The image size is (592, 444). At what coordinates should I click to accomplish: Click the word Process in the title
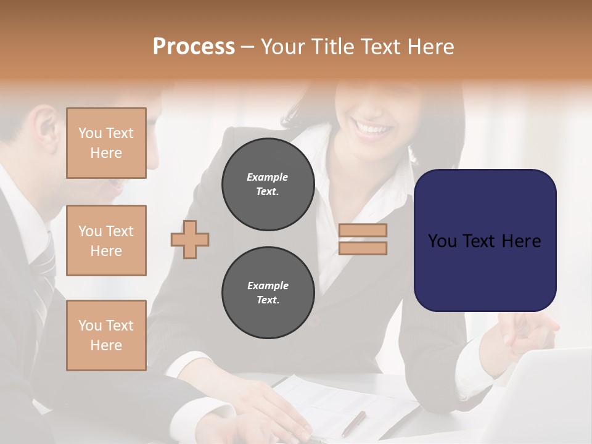tap(194, 47)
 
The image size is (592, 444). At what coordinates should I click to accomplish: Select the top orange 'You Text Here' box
tap(106, 143)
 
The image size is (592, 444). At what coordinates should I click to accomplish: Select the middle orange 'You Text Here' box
tap(106, 240)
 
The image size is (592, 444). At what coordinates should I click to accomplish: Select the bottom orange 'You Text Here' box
tap(106, 335)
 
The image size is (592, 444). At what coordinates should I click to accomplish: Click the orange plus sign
tap(190, 239)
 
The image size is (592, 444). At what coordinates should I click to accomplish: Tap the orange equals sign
tap(363, 239)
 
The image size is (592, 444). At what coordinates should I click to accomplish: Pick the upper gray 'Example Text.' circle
tap(268, 184)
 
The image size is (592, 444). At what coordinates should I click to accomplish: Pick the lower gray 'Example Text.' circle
tap(268, 293)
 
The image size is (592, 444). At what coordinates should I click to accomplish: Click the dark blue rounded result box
tap(485, 240)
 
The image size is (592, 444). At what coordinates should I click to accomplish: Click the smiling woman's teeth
tap(374, 130)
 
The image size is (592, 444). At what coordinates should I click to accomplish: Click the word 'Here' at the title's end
tap(432, 47)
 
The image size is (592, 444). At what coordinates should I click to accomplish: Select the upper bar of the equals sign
tap(363, 231)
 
